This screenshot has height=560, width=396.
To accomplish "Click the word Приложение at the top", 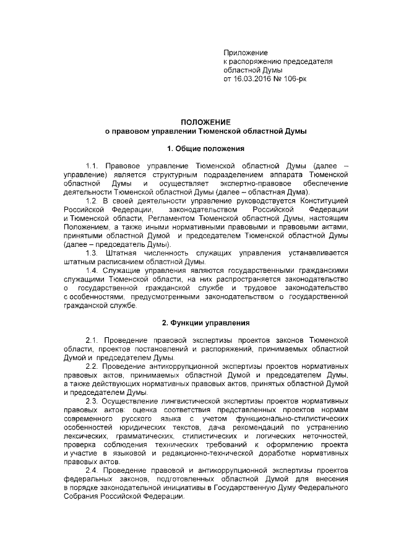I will [x=245, y=54].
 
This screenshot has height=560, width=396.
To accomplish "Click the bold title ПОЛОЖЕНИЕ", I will [x=205, y=123].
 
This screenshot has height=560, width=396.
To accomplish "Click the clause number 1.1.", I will [x=92, y=166].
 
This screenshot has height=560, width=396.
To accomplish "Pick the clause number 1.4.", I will [x=92, y=270].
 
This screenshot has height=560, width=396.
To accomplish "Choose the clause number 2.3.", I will [x=92, y=400].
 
